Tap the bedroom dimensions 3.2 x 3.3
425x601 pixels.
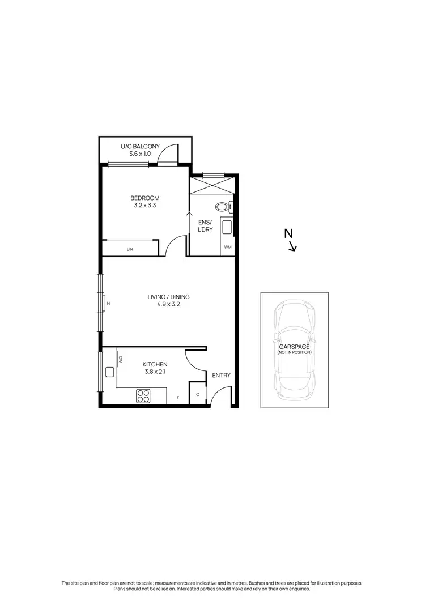(144, 206)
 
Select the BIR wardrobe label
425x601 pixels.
(130, 249)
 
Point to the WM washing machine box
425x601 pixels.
(228, 248)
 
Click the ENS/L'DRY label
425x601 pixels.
(206, 226)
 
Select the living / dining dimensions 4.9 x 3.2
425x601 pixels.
(168, 304)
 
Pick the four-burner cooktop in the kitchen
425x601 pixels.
(143, 396)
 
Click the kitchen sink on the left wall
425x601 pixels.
(109, 372)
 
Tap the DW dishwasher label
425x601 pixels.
(121, 359)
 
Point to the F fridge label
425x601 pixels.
(177, 398)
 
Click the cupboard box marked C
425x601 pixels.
(198, 394)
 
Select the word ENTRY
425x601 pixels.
(221, 376)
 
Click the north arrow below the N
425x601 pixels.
(293, 246)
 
